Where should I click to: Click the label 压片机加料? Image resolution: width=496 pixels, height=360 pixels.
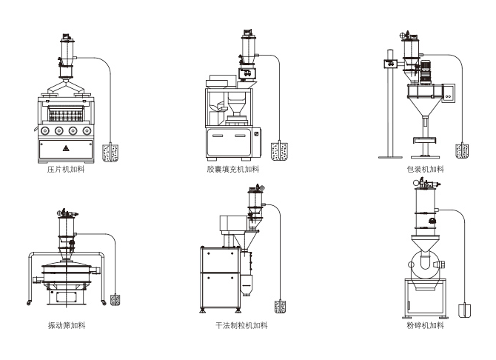click(64, 170)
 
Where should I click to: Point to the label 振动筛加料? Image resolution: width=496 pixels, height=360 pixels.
click(64, 325)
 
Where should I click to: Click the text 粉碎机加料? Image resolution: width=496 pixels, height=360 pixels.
click(426, 325)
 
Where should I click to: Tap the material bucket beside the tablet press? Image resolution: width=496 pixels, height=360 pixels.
click(111, 153)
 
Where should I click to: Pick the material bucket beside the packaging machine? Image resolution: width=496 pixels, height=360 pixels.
click(463, 152)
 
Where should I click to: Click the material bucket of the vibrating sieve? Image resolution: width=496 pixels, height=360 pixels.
click(115, 299)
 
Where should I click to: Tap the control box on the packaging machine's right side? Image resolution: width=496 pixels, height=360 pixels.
click(448, 92)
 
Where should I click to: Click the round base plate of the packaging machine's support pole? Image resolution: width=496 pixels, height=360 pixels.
click(390, 156)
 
